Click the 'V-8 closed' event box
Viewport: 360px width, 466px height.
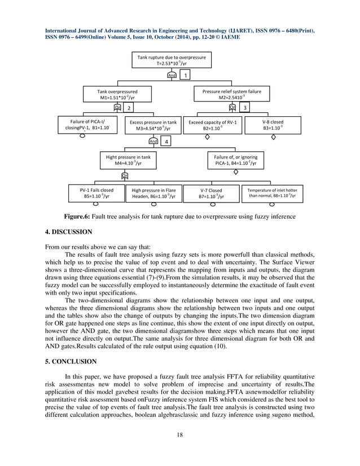pyautogui.click(x=273, y=125)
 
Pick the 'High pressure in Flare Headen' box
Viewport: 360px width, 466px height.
pyautogui.click(x=153, y=194)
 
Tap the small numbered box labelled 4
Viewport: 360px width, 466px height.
pyautogui.click(x=166, y=142)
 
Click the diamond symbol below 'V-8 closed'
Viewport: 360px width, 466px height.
pyautogui.click(x=274, y=137)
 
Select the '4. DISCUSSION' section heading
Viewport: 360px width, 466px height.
pyautogui.click(x=69, y=231)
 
